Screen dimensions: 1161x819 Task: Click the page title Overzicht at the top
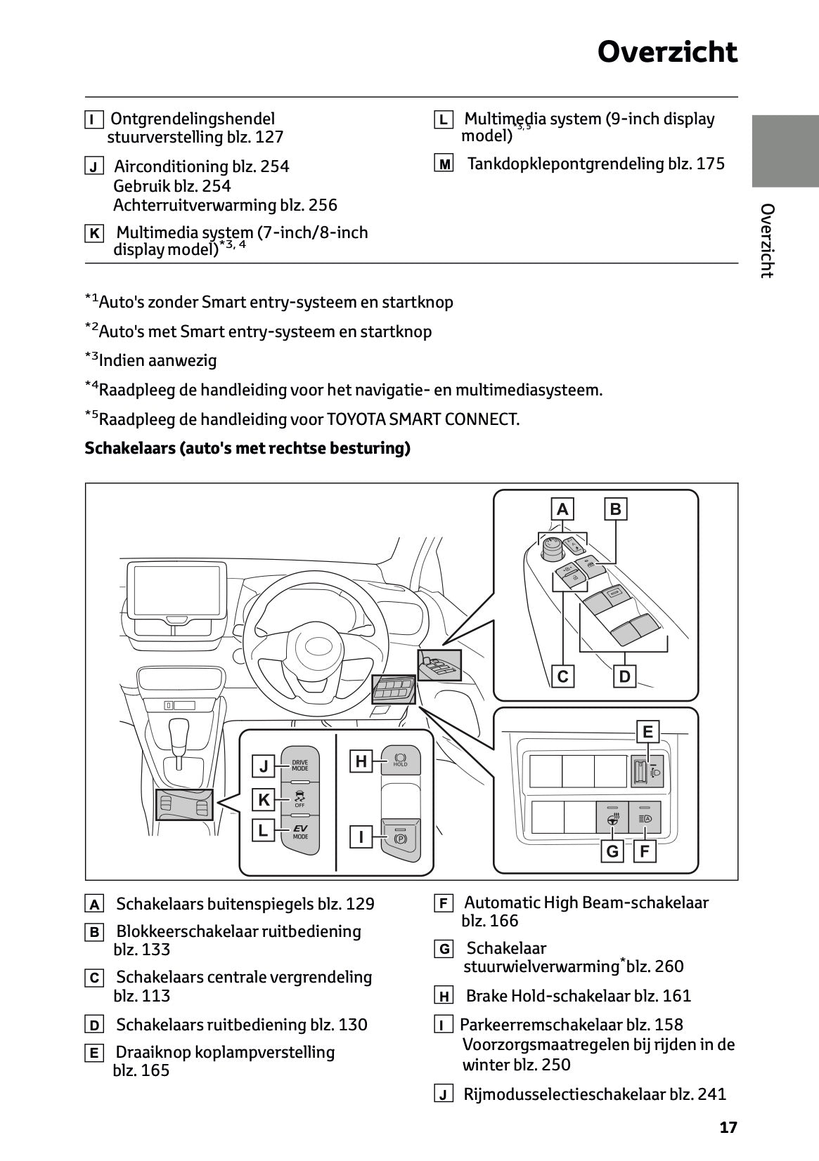tap(667, 53)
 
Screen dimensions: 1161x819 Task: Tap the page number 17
tap(728, 1127)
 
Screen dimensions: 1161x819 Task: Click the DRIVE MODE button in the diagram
tap(300, 765)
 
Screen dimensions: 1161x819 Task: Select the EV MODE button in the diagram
tap(300, 833)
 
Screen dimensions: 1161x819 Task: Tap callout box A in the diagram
tap(562, 509)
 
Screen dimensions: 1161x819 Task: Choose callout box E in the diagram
tap(647, 732)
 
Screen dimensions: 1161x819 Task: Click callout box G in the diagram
tap(612, 851)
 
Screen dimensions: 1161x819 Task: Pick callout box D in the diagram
tap(624, 676)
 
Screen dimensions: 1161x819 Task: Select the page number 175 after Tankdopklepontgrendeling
tap(710, 164)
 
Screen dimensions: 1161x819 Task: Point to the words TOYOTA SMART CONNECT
tap(423, 419)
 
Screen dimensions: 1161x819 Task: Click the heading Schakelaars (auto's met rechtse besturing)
tap(247, 448)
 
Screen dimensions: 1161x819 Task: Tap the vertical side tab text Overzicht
tap(768, 241)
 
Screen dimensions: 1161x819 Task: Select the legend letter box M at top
tap(444, 164)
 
